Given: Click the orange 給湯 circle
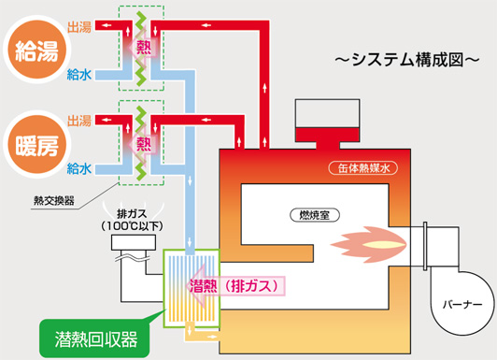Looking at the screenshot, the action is tap(37, 50).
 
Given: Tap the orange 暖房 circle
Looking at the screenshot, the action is tap(37, 145).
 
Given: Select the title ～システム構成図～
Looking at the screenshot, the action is tap(407, 59).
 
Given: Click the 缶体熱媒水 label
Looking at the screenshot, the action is tap(363, 168).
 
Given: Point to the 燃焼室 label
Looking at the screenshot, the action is tap(315, 215).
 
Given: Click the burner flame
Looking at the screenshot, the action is tap(369, 245).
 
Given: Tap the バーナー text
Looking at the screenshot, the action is tap(462, 305).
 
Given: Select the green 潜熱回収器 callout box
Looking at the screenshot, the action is tap(94, 338).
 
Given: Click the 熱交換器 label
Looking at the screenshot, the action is tap(54, 200).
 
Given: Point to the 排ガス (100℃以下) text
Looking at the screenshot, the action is tap(132, 220).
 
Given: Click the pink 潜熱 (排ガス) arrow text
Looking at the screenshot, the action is tap(234, 286).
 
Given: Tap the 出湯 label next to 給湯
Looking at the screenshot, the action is tap(79, 27).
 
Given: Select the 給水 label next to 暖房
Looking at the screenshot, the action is tap(79, 168).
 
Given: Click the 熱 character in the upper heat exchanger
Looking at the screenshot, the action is tap(144, 48).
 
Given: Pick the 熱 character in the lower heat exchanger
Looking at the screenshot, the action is tap(144, 143).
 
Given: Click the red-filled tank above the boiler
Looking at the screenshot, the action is tap(327, 135).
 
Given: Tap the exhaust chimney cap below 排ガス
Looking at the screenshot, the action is tap(134, 242).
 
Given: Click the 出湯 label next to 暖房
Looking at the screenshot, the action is tap(79, 121).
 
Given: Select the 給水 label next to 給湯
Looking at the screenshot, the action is tap(79, 75).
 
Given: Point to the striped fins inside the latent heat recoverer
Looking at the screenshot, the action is tap(192, 288).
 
